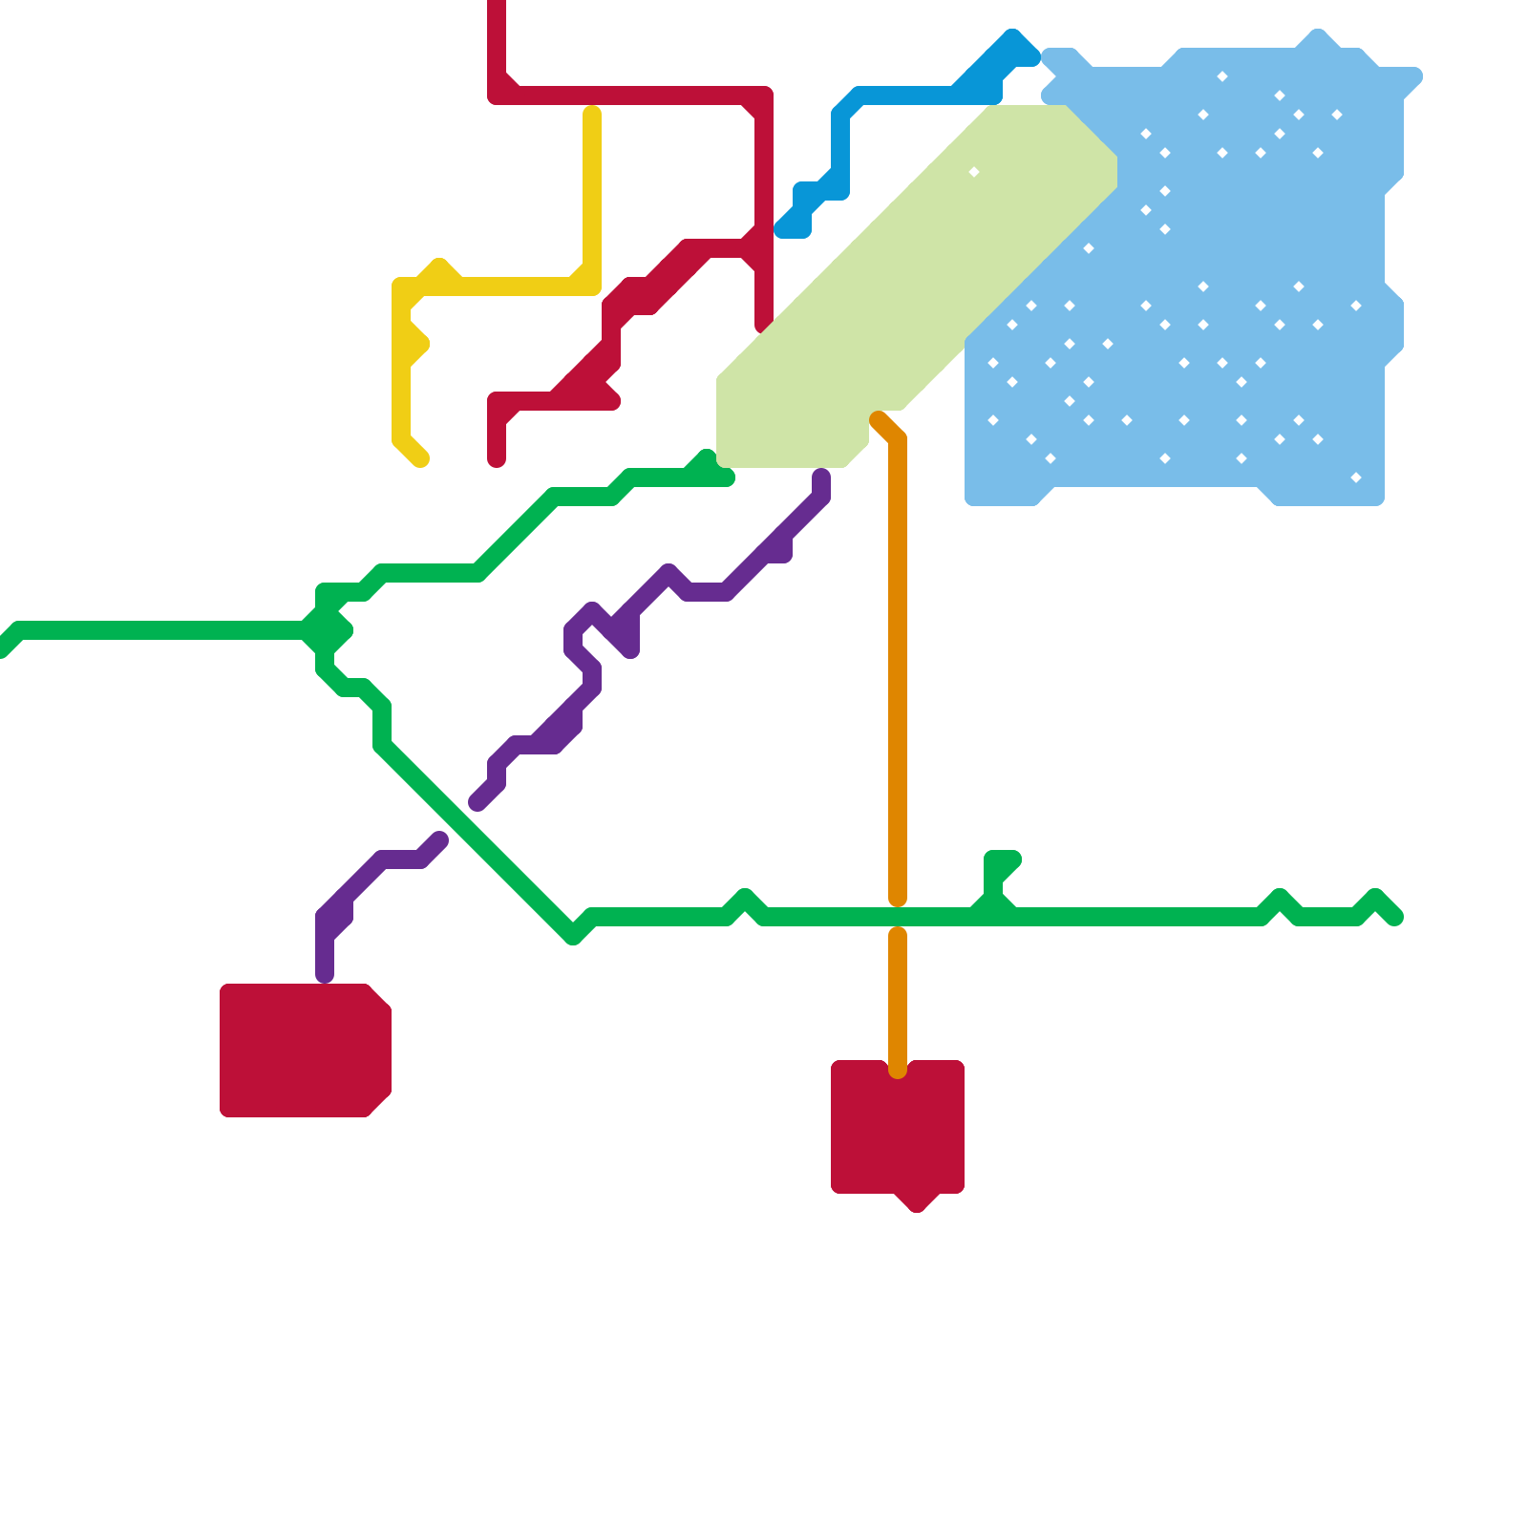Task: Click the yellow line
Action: [x=592, y=191]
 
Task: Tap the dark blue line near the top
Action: [x=898, y=95]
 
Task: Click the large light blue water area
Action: [x=1241, y=239]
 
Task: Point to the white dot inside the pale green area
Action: [x=974, y=172]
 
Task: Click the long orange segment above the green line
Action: [x=898, y=668]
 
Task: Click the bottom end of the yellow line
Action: [x=421, y=460]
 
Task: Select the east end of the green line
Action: [x=1395, y=918]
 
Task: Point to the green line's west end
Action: [x=5, y=649]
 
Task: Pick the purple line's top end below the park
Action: [x=821, y=476]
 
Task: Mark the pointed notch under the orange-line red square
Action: [x=917, y=1205]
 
